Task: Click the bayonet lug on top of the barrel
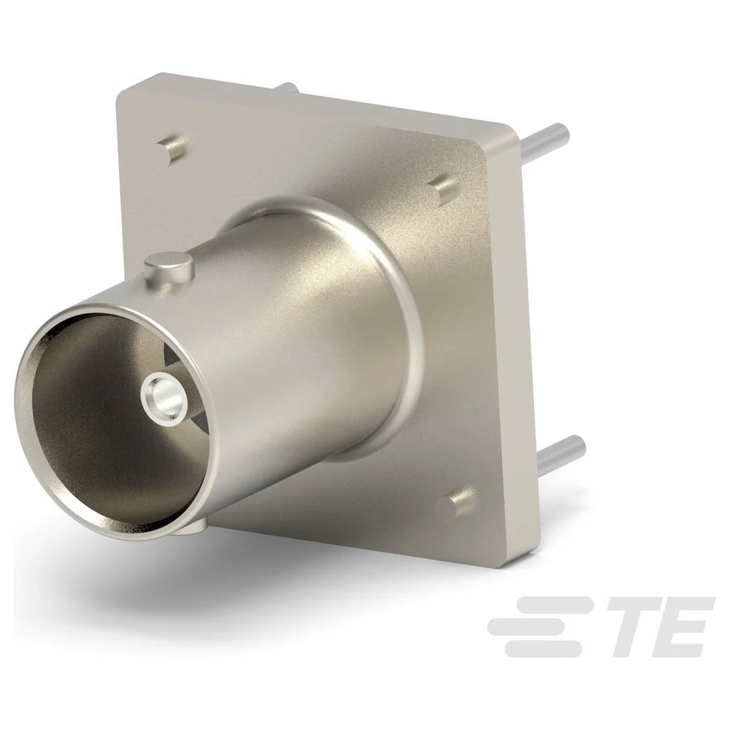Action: point(169,267)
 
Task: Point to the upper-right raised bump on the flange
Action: point(441,188)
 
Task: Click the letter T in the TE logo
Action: point(629,626)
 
